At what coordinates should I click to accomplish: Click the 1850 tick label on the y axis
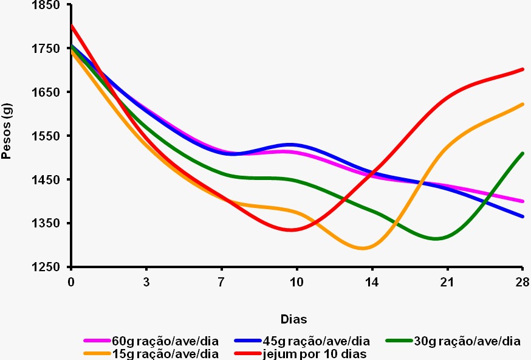click(49, 5)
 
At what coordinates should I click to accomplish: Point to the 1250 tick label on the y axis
click(49, 267)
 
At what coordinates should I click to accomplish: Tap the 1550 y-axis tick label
click(49, 136)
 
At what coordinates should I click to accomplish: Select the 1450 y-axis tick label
click(49, 179)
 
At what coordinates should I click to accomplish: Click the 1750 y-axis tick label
click(49, 49)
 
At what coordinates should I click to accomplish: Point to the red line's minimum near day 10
click(292, 230)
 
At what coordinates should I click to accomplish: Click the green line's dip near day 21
click(436, 238)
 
